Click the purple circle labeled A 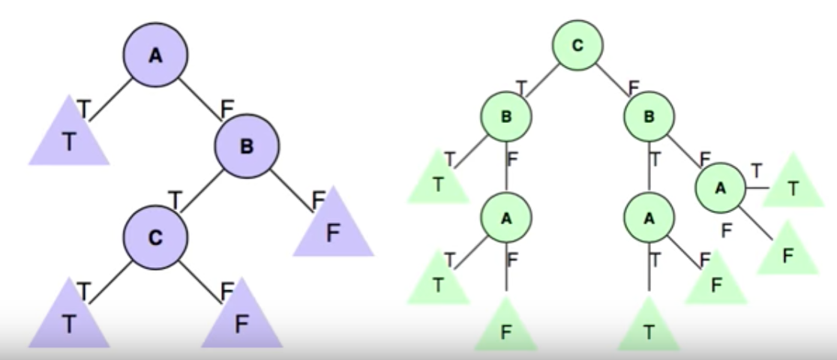156,55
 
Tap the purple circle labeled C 156,238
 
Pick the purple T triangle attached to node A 70,139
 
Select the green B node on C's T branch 506,117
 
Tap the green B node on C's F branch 649,117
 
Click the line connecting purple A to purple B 201,100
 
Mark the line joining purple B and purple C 202,192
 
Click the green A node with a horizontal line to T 720,188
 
